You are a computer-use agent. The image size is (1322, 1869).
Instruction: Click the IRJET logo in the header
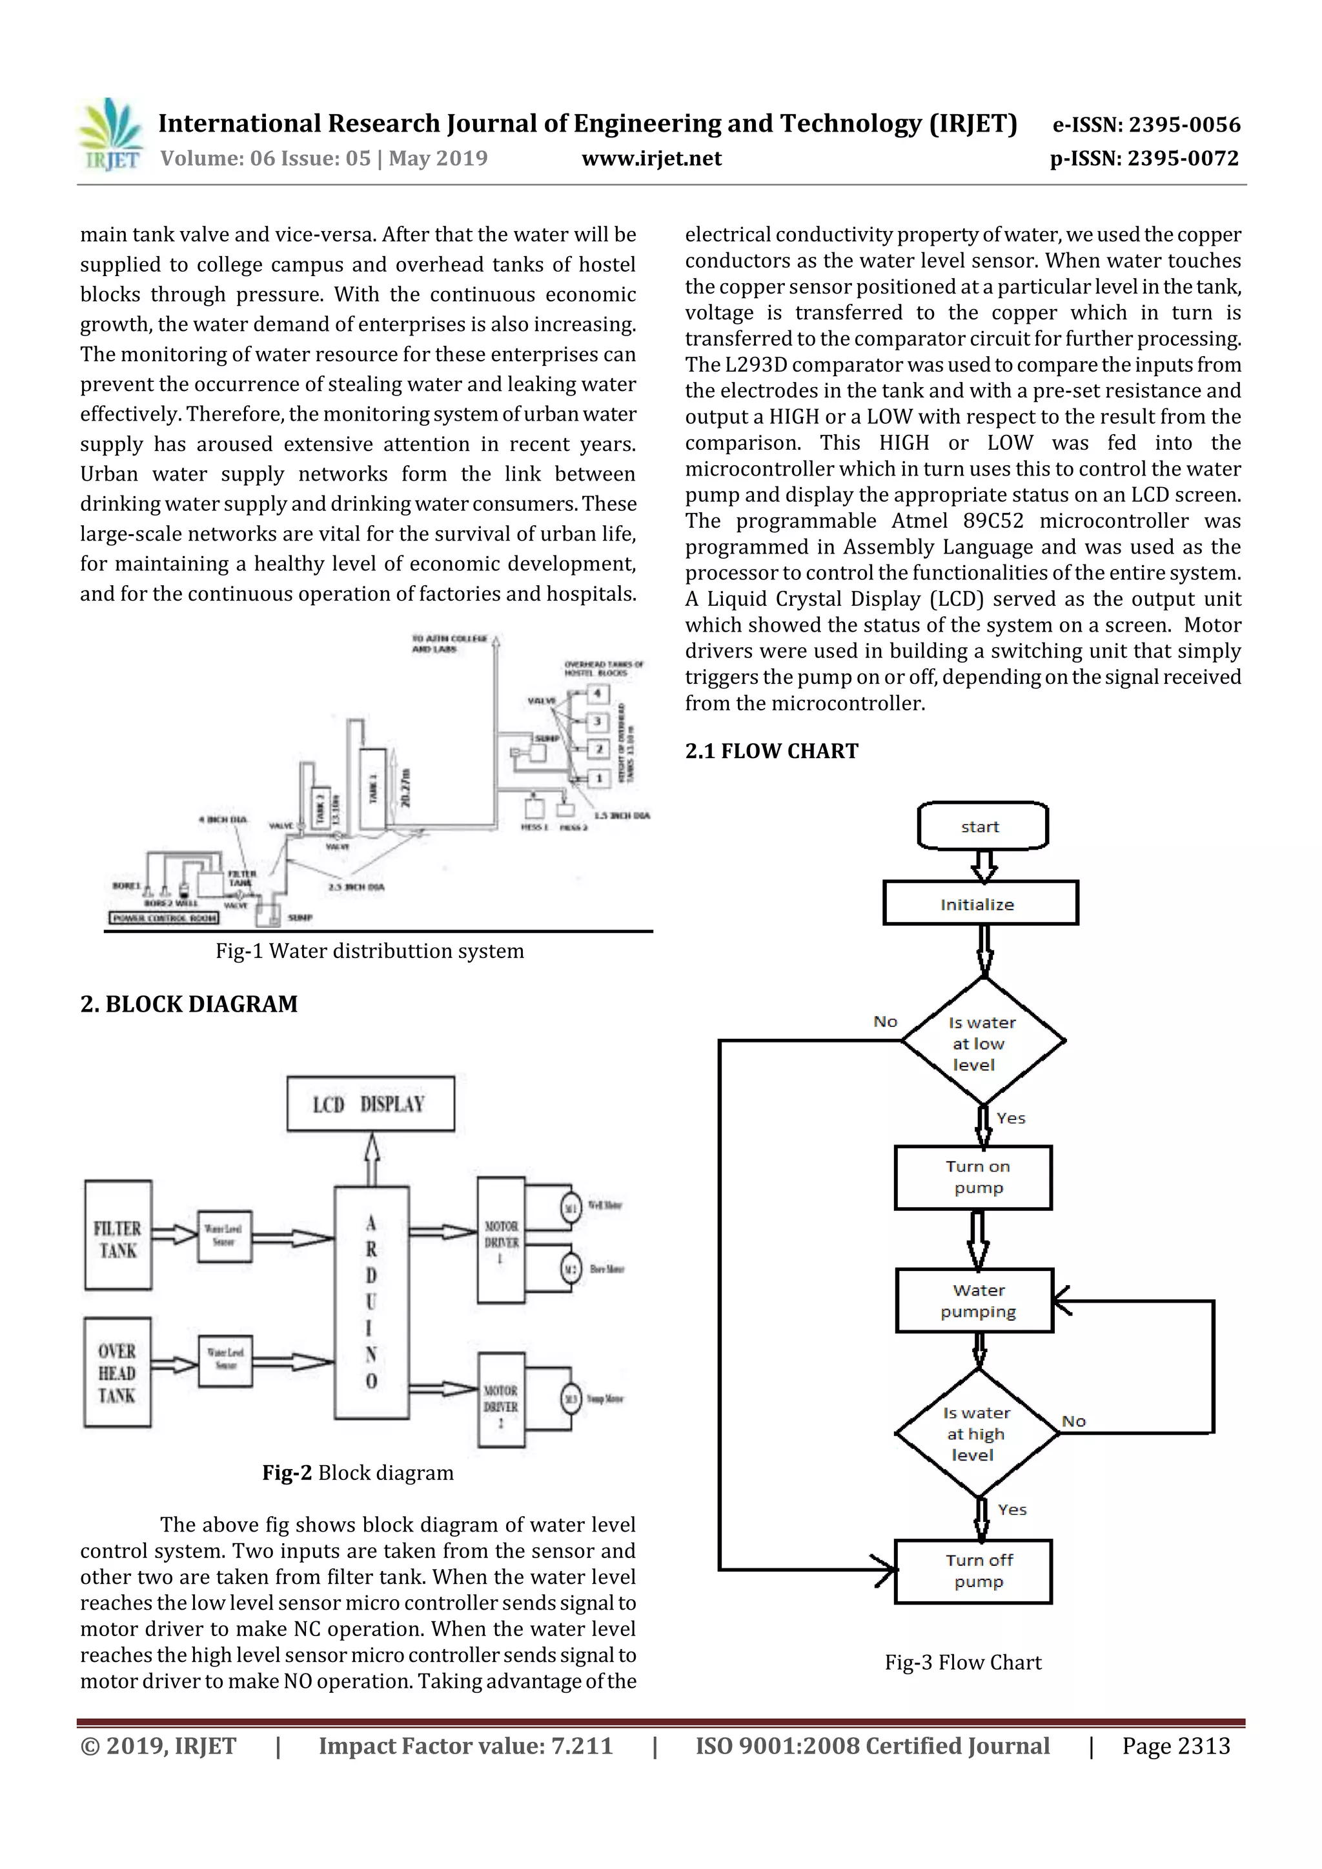[x=111, y=135]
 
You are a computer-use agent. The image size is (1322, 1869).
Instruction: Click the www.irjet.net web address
[x=651, y=159]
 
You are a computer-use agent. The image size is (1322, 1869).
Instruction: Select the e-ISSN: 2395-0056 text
[x=1146, y=125]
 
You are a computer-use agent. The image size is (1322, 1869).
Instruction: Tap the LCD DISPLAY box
[x=371, y=1104]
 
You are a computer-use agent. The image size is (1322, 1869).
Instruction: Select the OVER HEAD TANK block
[x=117, y=1372]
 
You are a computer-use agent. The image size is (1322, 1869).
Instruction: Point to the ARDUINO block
[x=371, y=1302]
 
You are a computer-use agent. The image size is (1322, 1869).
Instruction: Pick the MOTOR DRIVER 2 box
[x=501, y=1399]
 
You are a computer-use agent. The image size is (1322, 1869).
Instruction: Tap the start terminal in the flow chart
[x=982, y=826]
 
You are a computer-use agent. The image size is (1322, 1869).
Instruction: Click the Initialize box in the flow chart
[x=980, y=904]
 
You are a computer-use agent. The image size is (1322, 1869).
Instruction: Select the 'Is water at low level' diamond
[x=982, y=1042]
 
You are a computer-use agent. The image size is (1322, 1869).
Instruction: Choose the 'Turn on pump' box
[x=973, y=1177]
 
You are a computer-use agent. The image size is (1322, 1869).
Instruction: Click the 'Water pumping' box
[x=974, y=1300]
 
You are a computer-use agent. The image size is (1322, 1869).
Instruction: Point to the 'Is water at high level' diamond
[x=977, y=1434]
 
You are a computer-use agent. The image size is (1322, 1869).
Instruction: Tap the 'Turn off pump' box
[x=973, y=1571]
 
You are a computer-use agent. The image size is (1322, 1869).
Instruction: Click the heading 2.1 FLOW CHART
[x=771, y=750]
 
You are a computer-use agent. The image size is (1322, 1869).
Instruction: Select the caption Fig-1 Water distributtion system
[x=369, y=951]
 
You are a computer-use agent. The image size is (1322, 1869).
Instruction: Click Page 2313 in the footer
[x=1175, y=1745]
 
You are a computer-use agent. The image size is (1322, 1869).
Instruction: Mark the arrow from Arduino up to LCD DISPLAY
[x=371, y=1159]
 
